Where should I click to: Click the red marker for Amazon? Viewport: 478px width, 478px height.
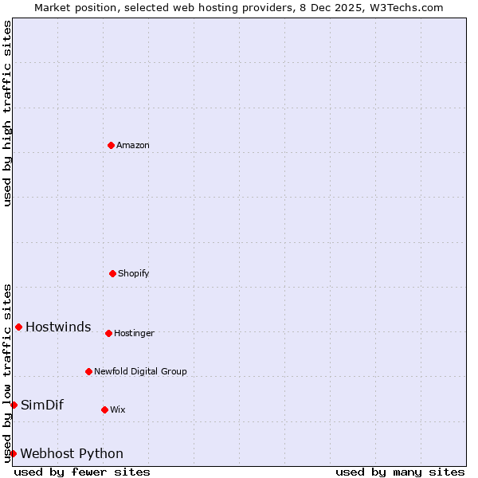click(111, 145)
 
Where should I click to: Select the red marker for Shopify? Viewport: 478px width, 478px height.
click(112, 273)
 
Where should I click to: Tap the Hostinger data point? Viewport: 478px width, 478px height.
click(108, 333)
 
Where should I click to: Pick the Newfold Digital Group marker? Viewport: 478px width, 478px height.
click(88, 371)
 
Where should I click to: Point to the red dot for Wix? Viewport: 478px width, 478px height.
click(104, 409)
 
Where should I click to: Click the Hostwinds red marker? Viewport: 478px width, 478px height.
click(18, 327)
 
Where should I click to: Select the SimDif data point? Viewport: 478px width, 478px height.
click(14, 405)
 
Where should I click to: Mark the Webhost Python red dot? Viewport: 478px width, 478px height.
click(13, 453)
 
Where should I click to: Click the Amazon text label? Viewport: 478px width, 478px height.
click(133, 146)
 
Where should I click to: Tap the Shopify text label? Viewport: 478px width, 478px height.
click(134, 274)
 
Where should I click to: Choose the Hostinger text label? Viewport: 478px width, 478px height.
click(134, 334)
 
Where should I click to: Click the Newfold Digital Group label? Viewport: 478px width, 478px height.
click(140, 372)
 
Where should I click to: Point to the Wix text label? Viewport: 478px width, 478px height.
click(118, 410)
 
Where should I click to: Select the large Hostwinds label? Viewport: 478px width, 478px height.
click(58, 327)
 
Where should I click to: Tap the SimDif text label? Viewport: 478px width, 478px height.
click(42, 406)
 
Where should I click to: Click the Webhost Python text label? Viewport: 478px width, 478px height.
click(72, 454)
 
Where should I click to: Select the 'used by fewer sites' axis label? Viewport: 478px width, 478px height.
click(82, 472)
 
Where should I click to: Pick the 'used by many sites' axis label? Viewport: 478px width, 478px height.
click(400, 472)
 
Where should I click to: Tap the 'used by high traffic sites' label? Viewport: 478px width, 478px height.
click(7, 113)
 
